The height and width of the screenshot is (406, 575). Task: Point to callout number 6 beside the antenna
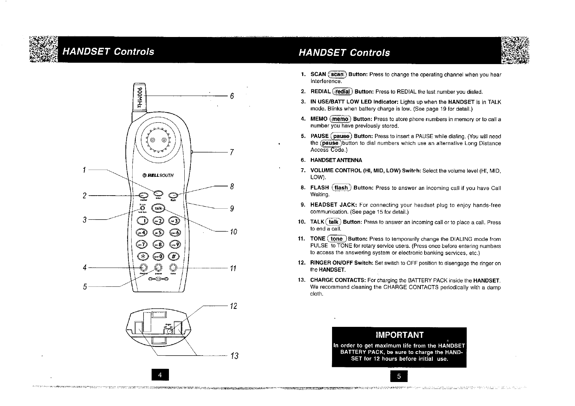click(232, 96)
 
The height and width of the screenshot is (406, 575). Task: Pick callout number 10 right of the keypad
click(233, 232)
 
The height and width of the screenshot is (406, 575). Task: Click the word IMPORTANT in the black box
click(400, 335)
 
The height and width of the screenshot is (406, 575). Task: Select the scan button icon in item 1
click(338, 74)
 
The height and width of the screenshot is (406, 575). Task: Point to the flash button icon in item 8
click(341, 188)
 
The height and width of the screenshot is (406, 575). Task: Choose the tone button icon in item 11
click(337, 239)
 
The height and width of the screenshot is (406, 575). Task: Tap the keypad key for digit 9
click(175, 245)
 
